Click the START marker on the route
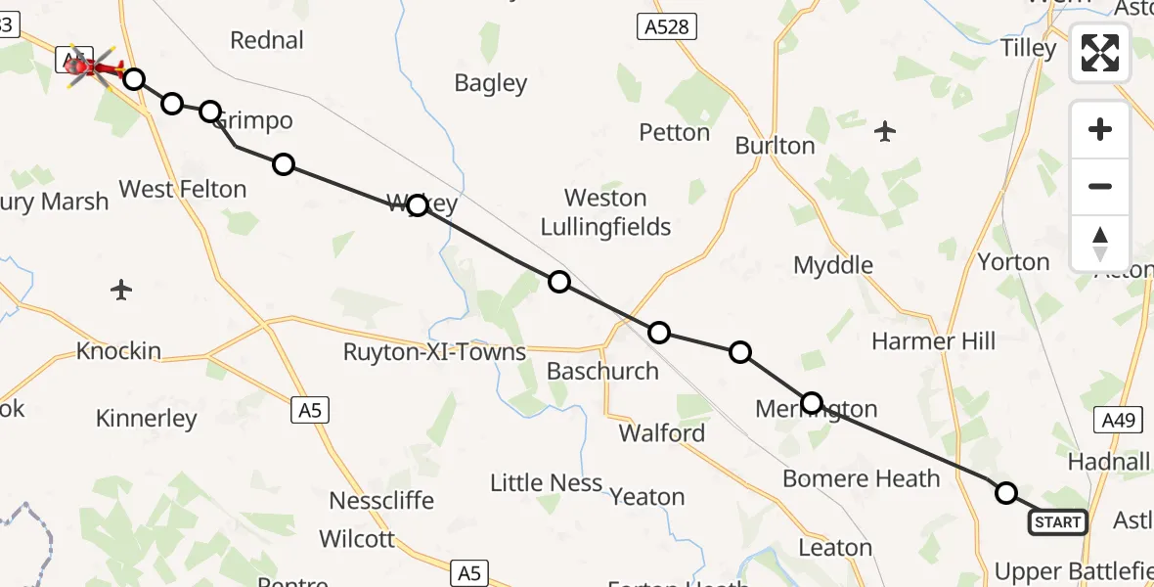(1057, 522)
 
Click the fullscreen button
(1100, 53)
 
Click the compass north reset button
(1100, 244)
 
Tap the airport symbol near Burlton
(885, 130)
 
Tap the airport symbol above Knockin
(121, 290)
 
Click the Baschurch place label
(596, 372)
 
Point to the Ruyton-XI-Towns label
(434, 352)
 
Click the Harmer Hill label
(933, 341)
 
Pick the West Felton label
(182, 189)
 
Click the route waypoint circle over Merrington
(812, 402)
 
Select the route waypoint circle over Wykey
(418, 204)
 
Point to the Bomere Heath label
(861, 478)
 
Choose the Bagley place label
(491, 84)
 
